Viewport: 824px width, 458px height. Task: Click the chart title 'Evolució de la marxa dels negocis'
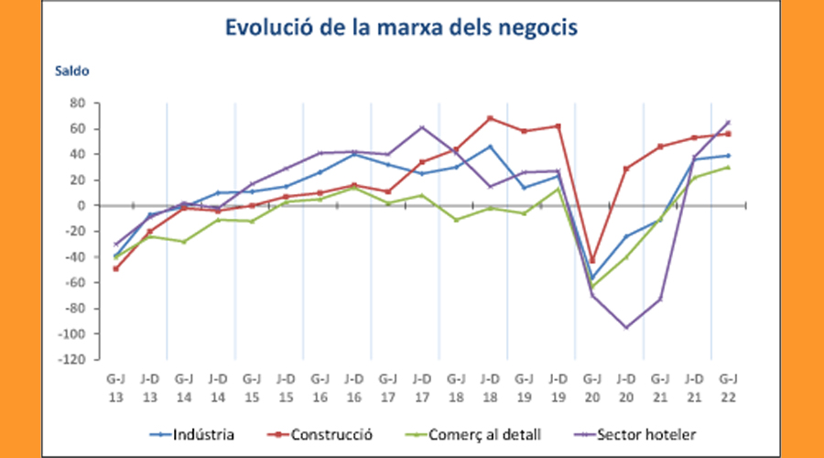coord(402,28)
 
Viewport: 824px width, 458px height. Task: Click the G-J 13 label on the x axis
coord(115,384)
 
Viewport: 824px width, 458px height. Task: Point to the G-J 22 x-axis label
coord(729,384)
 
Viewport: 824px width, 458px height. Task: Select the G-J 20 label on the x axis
coord(592,384)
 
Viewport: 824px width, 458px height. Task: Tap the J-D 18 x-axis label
coord(490,384)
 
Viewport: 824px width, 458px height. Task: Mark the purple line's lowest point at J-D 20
coord(626,327)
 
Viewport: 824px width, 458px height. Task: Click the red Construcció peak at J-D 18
coord(490,118)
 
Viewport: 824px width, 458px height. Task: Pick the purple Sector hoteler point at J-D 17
coord(422,127)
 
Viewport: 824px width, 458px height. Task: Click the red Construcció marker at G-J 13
coord(115,268)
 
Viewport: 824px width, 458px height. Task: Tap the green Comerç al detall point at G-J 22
coord(729,168)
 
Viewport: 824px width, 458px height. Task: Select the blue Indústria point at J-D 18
coord(490,147)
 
